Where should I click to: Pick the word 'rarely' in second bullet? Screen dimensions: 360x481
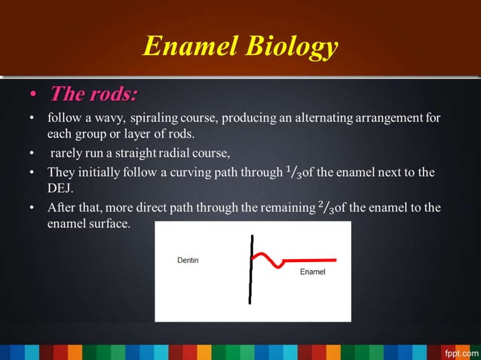click(67, 154)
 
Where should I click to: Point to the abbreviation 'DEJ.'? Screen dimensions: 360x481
click(60, 189)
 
